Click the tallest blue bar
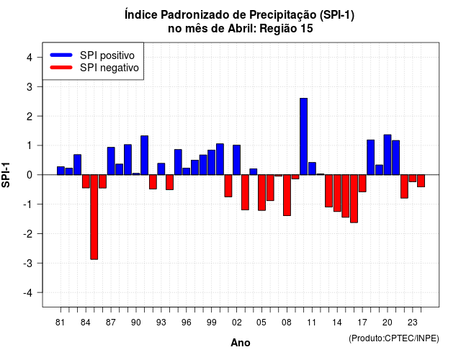click(x=304, y=136)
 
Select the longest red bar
click(x=94, y=217)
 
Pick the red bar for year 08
click(x=287, y=195)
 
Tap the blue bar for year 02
click(x=237, y=160)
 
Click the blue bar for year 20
click(x=388, y=155)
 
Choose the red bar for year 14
click(x=337, y=193)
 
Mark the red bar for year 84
click(x=86, y=181)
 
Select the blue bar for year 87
click(x=111, y=161)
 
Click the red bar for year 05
click(x=261, y=192)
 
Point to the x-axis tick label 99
click(x=211, y=323)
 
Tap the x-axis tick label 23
click(x=413, y=323)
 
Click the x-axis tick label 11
click(x=312, y=323)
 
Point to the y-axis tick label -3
click(x=28, y=263)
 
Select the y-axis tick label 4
click(x=30, y=57)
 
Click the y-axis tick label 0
click(x=30, y=175)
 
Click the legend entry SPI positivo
click(x=107, y=55)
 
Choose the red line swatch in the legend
click(x=61, y=68)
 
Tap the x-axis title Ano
click(x=241, y=343)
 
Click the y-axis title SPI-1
click(x=6, y=175)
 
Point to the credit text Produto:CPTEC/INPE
click(x=394, y=338)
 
